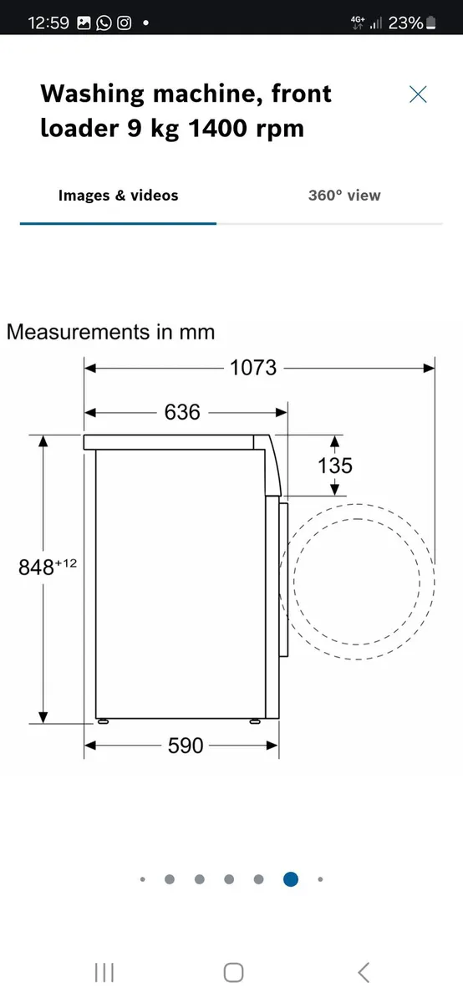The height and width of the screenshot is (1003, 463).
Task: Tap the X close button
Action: (418, 94)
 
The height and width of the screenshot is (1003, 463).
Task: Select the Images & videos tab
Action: (118, 196)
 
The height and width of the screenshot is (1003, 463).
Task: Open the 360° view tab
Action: (343, 196)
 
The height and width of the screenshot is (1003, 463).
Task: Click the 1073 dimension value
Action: (253, 367)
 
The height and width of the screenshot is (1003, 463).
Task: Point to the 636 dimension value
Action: (182, 412)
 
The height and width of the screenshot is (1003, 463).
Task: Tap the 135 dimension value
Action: (334, 466)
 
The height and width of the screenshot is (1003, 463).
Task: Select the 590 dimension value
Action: (186, 745)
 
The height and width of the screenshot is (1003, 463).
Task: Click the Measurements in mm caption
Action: (110, 332)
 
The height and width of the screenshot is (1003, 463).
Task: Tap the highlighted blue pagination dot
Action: (290, 879)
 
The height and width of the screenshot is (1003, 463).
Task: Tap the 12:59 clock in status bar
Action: (48, 23)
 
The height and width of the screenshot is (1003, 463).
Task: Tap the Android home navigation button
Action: (233, 972)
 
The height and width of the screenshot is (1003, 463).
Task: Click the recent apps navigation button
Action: (104, 972)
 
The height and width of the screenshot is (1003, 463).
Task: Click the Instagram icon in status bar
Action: (124, 23)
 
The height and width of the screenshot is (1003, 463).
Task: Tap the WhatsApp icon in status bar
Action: (104, 23)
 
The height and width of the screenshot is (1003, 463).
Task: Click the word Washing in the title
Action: (94, 94)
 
